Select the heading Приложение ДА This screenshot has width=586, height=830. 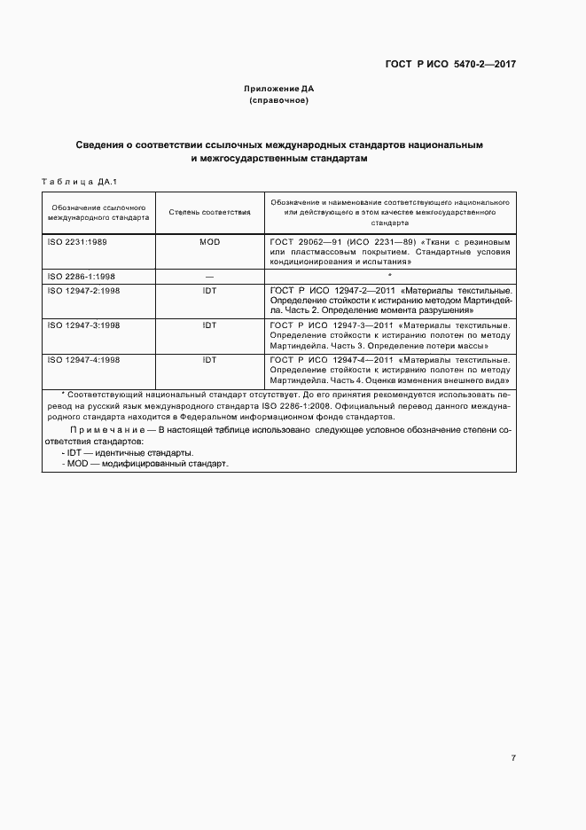pos(279,89)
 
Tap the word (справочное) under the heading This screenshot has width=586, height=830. pos(279,100)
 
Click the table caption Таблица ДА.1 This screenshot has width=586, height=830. pos(74,182)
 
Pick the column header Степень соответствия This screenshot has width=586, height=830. pos(209,214)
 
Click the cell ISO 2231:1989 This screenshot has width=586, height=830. pos(76,241)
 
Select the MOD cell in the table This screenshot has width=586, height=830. pos(209,241)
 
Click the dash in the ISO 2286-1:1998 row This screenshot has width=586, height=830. pos(209,276)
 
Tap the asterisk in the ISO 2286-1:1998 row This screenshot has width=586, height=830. pos(390,276)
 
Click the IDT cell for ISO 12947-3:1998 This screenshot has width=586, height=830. pos(209,325)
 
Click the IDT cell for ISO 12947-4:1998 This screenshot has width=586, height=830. pos(209,359)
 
